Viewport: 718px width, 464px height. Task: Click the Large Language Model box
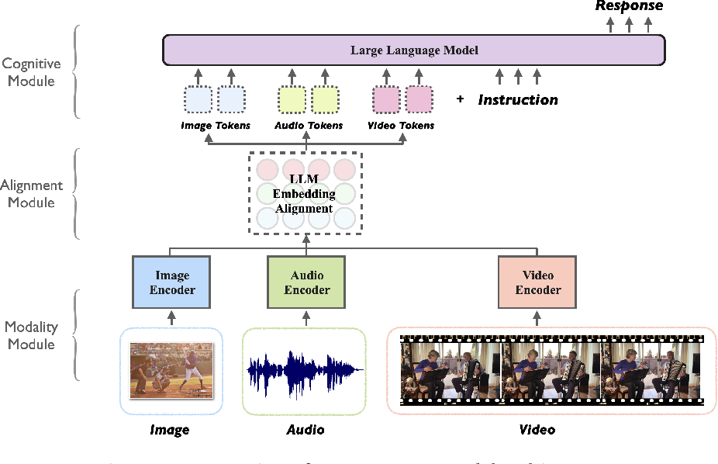pyautogui.click(x=413, y=50)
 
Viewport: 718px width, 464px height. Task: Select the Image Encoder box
pyautogui.click(x=172, y=282)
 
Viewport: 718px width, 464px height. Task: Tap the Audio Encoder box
pyautogui.click(x=307, y=282)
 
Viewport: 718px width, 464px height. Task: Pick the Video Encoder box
pyautogui.click(x=537, y=282)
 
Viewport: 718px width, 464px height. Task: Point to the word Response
pyautogui.click(x=629, y=6)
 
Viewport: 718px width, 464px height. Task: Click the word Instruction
pyautogui.click(x=517, y=100)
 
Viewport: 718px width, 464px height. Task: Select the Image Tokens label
pyautogui.click(x=215, y=126)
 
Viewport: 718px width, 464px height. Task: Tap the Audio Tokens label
pyautogui.click(x=308, y=126)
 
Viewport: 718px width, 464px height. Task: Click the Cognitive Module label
pyautogui.click(x=32, y=73)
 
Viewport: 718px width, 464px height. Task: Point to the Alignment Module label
pyautogui.click(x=32, y=194)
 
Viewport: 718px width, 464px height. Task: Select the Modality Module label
pyautogui.click(x=30, y=335)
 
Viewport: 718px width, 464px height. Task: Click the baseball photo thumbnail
pyautogui.click(x=171, y=370)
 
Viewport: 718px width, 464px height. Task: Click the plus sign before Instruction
pyautogui.click(x=460, y=99)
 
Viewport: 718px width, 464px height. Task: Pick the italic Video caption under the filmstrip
pyautogui.click(x=537, y=429)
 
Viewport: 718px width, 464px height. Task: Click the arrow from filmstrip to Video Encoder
pyautogui.click(x=537, y=318)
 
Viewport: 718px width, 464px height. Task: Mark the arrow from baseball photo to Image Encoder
pyautogui.click(x=172, y=318)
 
